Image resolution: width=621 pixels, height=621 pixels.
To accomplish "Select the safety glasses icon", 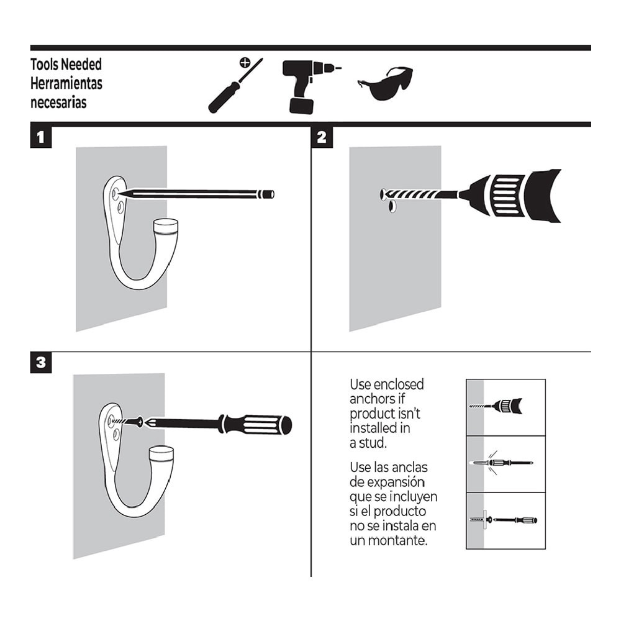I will coord(386,84).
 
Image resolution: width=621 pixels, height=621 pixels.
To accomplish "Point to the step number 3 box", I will coord(40,363).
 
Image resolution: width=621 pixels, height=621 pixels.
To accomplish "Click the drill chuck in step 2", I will coord(512,195).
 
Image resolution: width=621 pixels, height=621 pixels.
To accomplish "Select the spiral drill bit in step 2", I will coord(422,194).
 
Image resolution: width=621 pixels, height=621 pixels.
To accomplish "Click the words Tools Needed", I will coord(66,65).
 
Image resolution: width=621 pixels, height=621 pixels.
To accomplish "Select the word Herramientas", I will coord(66,83).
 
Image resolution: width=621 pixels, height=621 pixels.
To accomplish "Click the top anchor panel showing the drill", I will coord(505,407).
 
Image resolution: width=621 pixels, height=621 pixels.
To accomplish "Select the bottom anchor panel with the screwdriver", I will coord(505,520).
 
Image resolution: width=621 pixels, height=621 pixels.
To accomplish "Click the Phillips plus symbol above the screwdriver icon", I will coord(245,62).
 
